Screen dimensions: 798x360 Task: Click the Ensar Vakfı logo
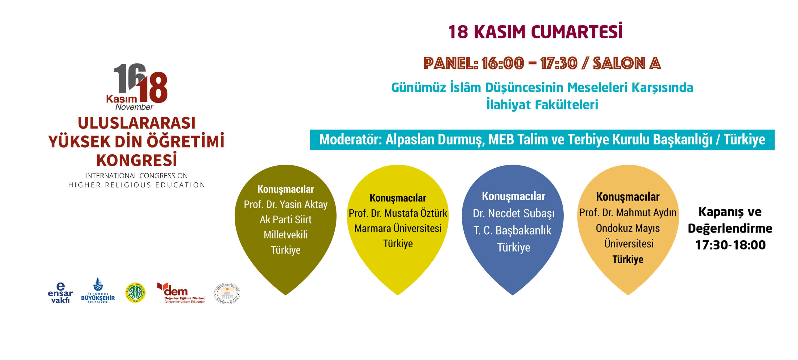pyautogui.click(x=60, y=293)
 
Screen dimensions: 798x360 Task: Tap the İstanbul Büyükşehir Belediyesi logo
pyautogui.click(x=98, y=291)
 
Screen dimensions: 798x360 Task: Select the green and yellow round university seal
pyautogui.click(x=135, y=292)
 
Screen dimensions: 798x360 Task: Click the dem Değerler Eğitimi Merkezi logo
pyautogui.click(x=181, y=293)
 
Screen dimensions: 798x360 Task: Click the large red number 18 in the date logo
pyautogui.click(x=153, y=88)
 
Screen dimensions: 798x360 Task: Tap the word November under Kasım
pyautogui.click(x=134, y=107)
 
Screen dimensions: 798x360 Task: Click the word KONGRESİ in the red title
pyautogui.click(x=137, y=160)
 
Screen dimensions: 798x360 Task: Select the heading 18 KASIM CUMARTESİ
pyautogui.click(x=535, y=32)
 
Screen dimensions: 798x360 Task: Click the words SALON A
pyautogui.click(x=627, y=63)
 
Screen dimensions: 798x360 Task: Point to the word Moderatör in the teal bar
pyautogui.click(x=350, y=139)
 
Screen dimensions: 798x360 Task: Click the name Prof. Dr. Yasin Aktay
pyautogui.click(x=286, y=204)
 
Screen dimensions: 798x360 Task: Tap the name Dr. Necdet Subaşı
pyautogui.click(x=513, y=213)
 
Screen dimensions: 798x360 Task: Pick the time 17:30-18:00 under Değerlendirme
pyautogui.click(x=730, y=245)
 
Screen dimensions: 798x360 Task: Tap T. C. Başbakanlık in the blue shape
pyautogui.click(x=512, y=230)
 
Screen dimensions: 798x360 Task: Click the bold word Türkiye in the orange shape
pyautogui.click(x=628, y=259)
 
